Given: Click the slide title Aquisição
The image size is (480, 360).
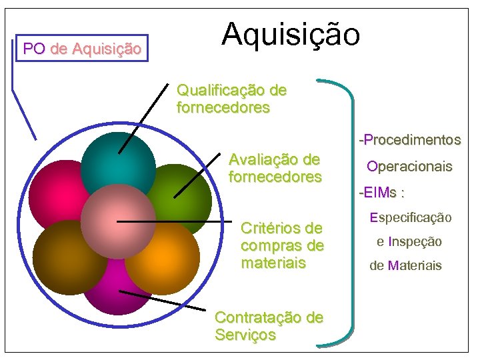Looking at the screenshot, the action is [x=291, y=35].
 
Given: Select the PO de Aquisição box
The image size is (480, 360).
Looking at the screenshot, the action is [x=82, y=49].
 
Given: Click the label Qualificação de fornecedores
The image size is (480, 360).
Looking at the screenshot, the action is [x=231, y=99].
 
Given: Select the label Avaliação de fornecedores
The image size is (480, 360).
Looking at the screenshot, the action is [x=275, y=168].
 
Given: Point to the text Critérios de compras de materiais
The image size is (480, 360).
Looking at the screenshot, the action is [x=282, y=245].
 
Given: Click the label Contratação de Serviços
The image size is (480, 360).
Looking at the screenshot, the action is [x=269, y=325].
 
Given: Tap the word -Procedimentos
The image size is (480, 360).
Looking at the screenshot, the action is [x=409, y=140].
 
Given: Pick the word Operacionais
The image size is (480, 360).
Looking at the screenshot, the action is [x=409, y=166].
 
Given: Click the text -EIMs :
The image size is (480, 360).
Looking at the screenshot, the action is [x=381, y=193].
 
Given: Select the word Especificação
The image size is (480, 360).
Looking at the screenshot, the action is [x=410, y=217].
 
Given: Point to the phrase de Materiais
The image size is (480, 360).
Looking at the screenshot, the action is [x=405, y=265].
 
